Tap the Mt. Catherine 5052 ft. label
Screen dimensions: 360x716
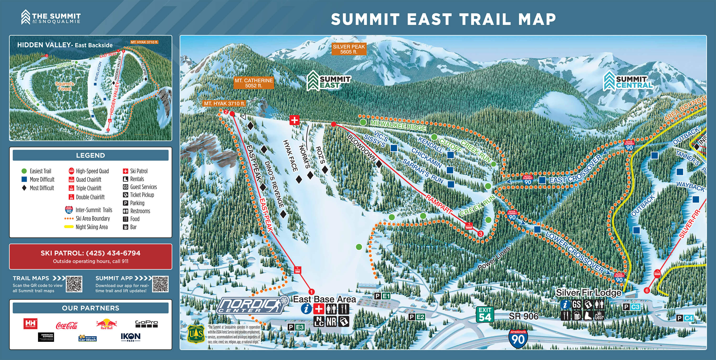pyautogui.click(x=253, y=83)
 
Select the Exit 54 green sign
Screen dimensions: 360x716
pyautogui.click(x=485, y=314)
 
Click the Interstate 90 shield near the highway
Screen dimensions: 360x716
pyautogui.click(x=518, y=338)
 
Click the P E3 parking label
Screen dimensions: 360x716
pyautogui.click(x=296, y=327)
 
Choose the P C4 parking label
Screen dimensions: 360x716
pyautogui.click(x=685, y=318)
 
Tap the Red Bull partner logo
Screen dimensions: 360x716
pyautogui.click(x=106, y=324)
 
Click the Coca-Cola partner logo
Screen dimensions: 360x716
pyautogui.click(x=67, y=325)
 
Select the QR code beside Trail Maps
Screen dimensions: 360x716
pyautogui.click(x=74, y=284)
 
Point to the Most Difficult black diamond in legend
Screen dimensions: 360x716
pyautogui.click(x=24, y=188)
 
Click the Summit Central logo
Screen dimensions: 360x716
pyautogui.click(x=628, y=81)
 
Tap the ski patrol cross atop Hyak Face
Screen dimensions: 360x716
pyautogui.click(x=294, y=120)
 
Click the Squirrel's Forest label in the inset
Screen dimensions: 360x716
pyautogui.click(x=64, y=86)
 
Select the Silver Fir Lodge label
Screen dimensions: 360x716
pyautogui.click(x=588, y=292)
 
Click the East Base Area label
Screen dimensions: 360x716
pyautogui.click(x=324, y=299)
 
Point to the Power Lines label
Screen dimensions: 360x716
pyautogui.click(x=494, y=258)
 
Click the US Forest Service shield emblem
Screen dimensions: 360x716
pyautogui.click(x=196, y=334)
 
